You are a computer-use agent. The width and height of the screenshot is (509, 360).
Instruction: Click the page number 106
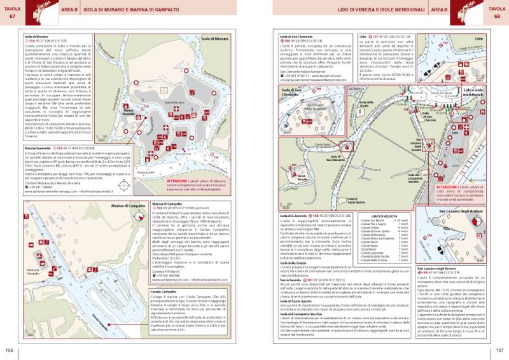(9, 350)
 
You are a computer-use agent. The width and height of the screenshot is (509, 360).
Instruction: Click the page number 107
(499, 350)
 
